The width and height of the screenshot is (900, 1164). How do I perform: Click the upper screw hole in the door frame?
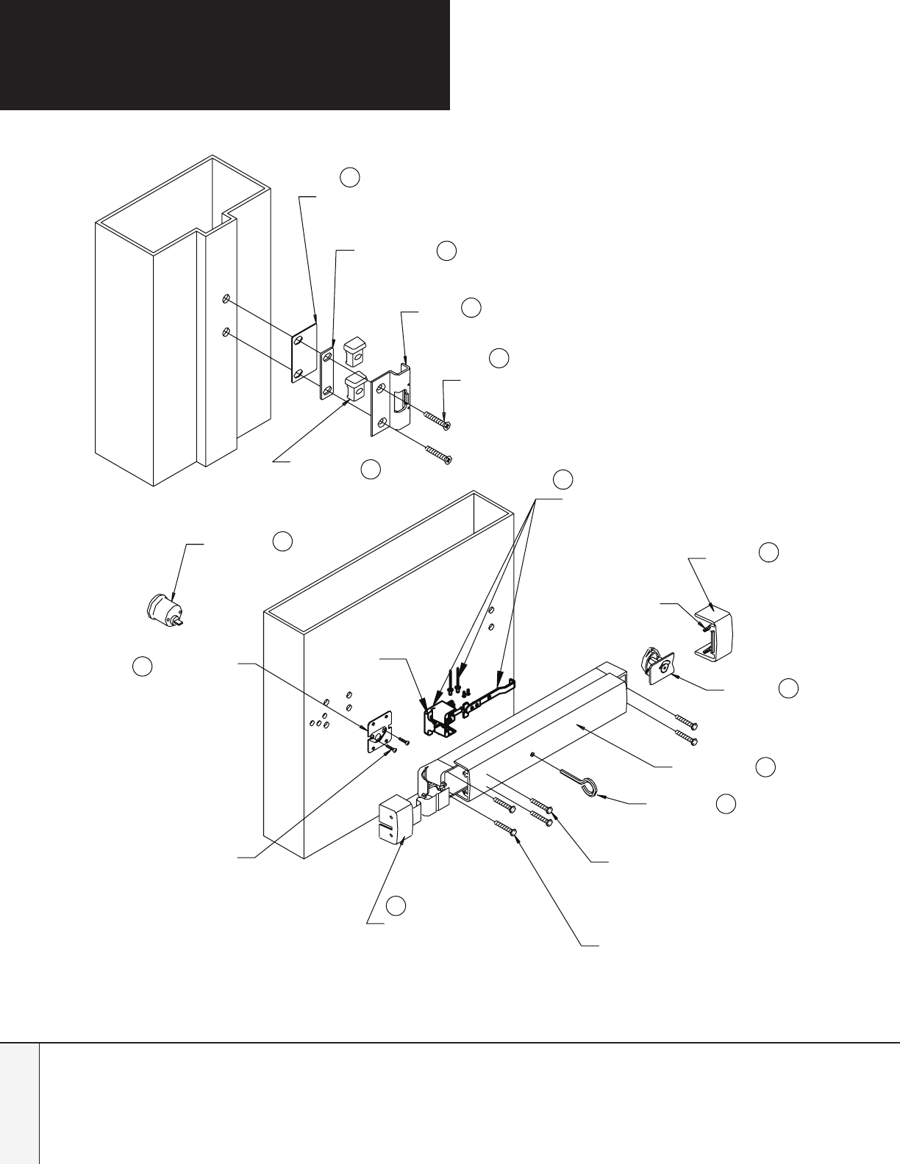pos(227,299)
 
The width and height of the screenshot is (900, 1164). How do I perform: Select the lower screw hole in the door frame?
pos(227,332)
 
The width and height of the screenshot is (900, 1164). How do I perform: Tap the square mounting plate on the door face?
pos(379,730)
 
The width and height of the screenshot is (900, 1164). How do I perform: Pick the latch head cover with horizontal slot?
pos(396,824)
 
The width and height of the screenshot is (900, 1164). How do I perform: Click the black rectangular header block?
pos(224,54)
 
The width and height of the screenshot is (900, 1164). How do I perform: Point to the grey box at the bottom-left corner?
pos(19,1103)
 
